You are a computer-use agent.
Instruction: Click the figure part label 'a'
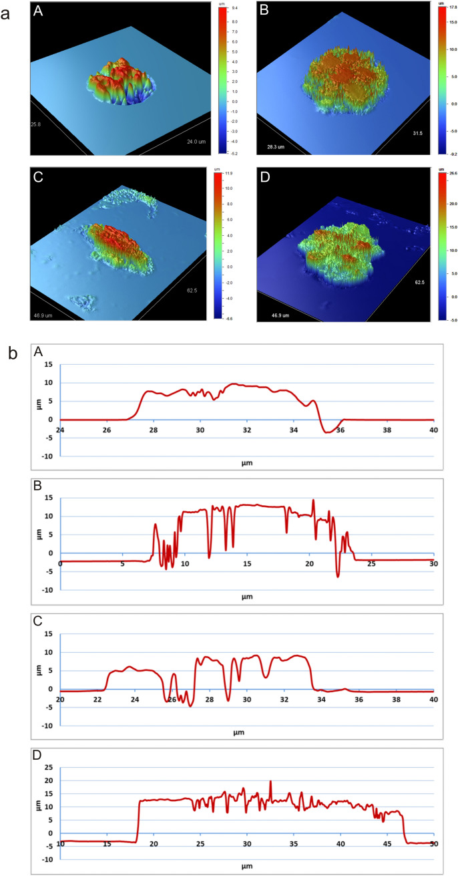coord(6,14)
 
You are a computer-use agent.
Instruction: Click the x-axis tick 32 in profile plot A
coord(247,429)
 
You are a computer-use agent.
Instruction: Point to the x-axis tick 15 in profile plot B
coord(247,563)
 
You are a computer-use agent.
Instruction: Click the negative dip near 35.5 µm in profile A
coord(328,432)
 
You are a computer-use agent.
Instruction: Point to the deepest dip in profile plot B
coord(338,576)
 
